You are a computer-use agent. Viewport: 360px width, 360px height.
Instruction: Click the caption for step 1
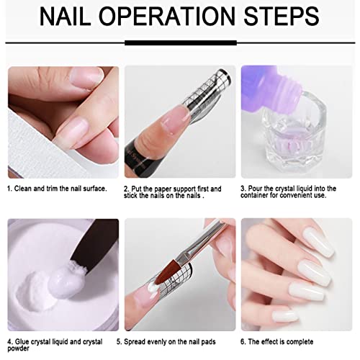tap(57, 189)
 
